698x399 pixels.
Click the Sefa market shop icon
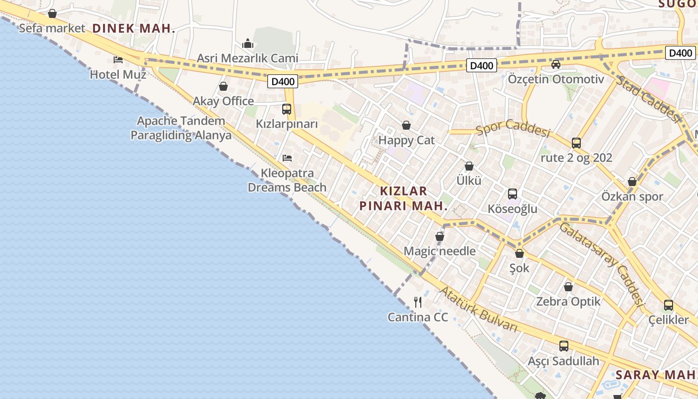click(52, 13)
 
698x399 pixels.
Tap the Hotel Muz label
click(118, 75)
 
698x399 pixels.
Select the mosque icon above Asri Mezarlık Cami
click(248, 44)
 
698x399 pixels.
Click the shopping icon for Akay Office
click(223, 87)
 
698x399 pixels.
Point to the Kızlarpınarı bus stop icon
click(287, 109)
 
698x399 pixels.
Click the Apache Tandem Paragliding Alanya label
click(181, 128)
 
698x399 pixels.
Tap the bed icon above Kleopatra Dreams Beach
click(287, 158)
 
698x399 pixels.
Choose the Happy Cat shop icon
click(406, 125)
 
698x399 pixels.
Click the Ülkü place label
click(469, 181)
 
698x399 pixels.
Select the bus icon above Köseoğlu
click(513, 194)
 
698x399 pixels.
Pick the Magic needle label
click(439, 251)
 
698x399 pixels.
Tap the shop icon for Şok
click(520, 253)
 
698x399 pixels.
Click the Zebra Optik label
click(568, 302)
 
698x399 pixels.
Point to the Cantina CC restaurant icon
click(418, 302)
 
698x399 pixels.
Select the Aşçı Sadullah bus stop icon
click(564, 346)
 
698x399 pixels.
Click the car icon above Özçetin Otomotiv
click(556, 64)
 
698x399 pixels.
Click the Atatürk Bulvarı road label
click(478, 309)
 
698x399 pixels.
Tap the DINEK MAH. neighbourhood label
click(134, 28)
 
